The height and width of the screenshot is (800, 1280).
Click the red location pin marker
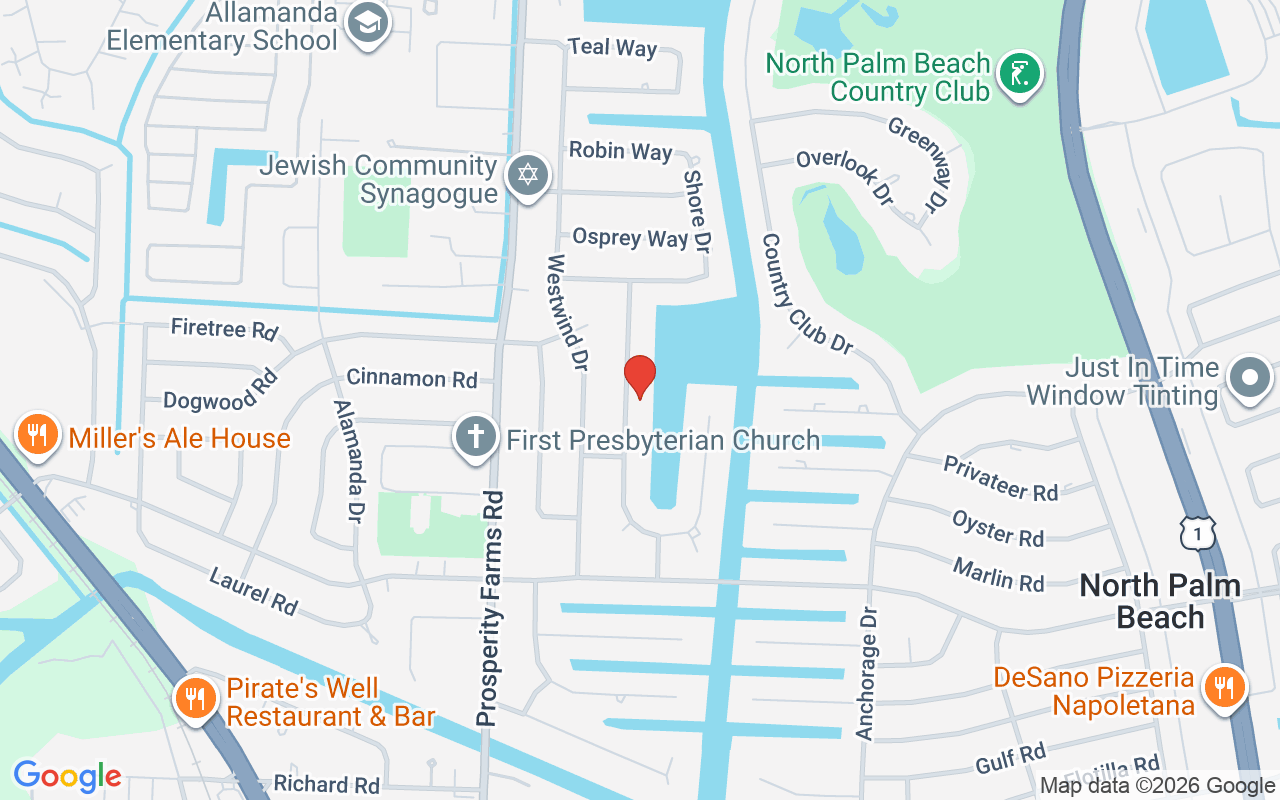click(x=639, y=376)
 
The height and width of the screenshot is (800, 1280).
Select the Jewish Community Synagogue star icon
click(x=527, y=175)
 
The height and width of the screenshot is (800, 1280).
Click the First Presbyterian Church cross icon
click(x=476, y=437)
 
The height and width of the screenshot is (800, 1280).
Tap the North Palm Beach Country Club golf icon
click(x=1020, y=74)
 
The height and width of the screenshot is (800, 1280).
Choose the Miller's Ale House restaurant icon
click(x=37, y=435)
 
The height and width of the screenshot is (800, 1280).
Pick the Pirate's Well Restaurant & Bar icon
click(x=195, y=697)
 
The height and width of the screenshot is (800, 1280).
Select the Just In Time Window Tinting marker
click(x=1250, y=379)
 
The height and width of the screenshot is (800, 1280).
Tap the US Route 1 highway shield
click(x=1197, y=533)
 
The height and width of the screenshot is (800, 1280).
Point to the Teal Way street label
click(x=612, y=47)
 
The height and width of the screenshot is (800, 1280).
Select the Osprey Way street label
click(x=630, y=238)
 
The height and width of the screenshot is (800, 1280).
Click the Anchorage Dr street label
click(x=867, y=674)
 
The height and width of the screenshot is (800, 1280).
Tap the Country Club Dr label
click(x=807, y=293)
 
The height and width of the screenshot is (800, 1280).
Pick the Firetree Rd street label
click(x=224, y=328)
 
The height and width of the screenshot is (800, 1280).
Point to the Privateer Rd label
click(x=1001, y=477)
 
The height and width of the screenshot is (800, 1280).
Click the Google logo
click(x=67, y=776)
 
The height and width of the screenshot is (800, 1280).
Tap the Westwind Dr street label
click(x=564, y=312)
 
